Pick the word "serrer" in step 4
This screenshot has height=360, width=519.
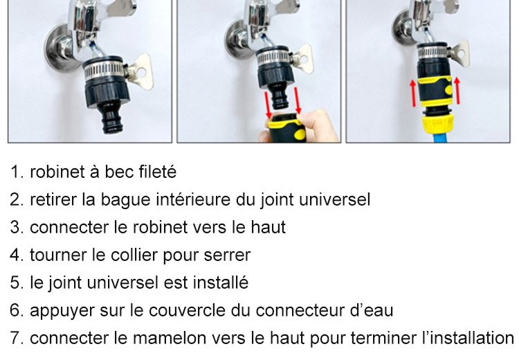pyautogui.click(x=227, y=255)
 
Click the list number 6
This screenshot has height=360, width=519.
pyautogui.click(x=17, y=310)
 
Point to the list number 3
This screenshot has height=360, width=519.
pyautogui.click(x=17, y=227)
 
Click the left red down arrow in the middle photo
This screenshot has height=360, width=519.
pyautogui.click(x=267, y=105)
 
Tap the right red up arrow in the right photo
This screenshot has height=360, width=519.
pyautogui.click(x=457, y=91)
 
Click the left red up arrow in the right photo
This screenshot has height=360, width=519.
pyautogui.click(x=413, y=93)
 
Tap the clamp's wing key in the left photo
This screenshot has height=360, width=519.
pyautogui.click(x=140, y=72)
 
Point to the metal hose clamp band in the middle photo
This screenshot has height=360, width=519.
pyautogui.click(x=273, y=57)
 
